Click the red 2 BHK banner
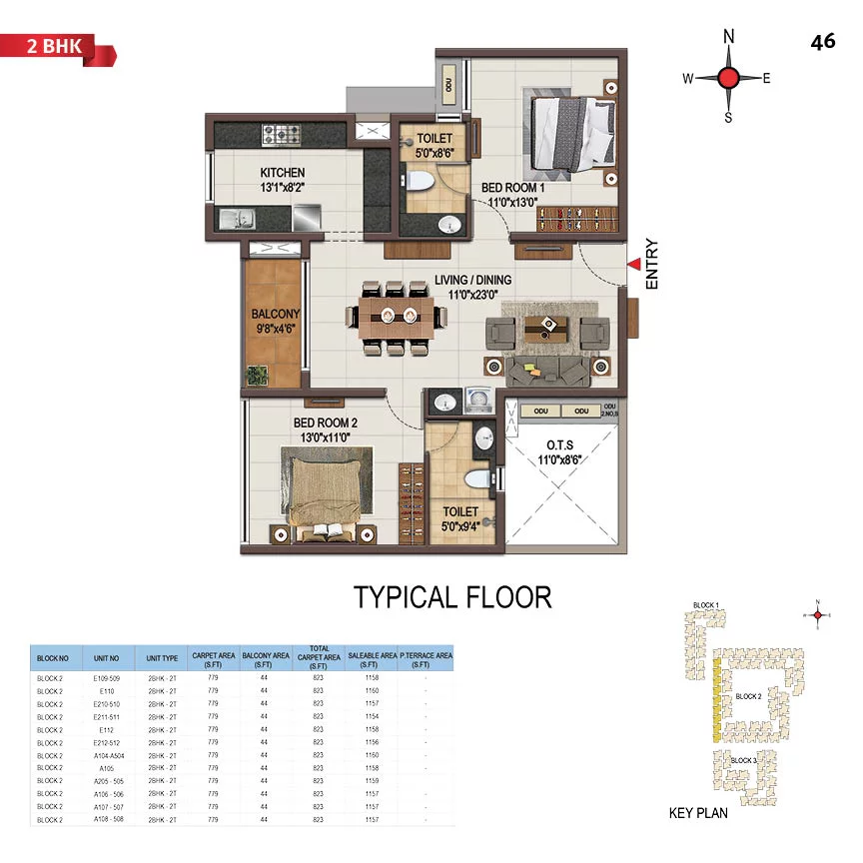[x=55, y=47]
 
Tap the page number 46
[x=823, y=41]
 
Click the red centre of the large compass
[x=728, y=78]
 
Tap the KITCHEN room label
[x=283, y=173]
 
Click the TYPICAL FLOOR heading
[x=452, y=597]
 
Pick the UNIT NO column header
[x=107, y=658]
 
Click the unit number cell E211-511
[x=107, y=716]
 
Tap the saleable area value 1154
[x=372, y=716]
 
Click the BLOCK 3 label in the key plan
[x=742, y=760]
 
